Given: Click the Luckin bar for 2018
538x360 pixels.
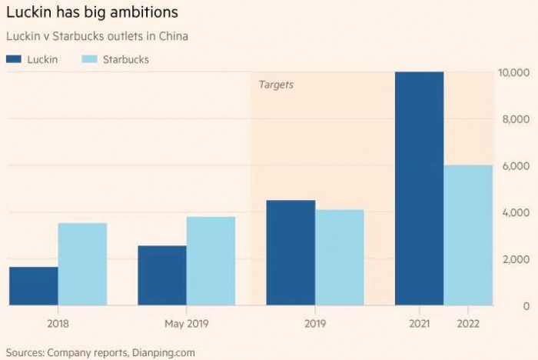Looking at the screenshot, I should [34, 286].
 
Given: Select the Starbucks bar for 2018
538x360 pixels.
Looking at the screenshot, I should [82, 264].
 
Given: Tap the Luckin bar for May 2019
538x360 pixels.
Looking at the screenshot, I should [162, 275].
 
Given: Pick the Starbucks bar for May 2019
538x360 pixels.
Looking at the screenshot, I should [211, 261].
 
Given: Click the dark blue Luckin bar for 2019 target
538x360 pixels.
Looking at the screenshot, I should [291, 252].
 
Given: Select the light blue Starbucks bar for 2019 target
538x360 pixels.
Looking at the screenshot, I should [339, 258].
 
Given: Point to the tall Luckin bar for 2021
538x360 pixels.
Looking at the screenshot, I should [419, 188].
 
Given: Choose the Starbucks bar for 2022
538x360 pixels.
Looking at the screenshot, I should [468, 235].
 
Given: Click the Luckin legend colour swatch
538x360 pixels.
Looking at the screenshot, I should [16, 59].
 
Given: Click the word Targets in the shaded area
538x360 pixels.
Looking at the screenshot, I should [276, 85].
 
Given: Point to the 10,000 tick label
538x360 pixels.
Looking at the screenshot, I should [514, 73].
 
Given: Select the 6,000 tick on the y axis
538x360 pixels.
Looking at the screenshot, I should [517, 166].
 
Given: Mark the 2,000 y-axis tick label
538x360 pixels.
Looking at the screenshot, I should [517, 259].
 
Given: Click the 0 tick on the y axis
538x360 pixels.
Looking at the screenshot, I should [526, 306].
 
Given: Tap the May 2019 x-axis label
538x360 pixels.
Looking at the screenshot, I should [186, 325].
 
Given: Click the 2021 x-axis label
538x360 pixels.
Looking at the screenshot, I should [419, 325].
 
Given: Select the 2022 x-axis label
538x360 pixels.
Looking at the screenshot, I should [468, 325].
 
